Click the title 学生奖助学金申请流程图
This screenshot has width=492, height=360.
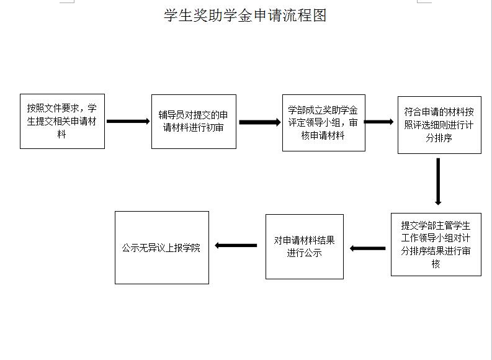(x=245, y=16)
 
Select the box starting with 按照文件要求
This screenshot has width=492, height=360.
(x=62, y=121)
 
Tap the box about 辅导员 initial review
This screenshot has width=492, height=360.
(x=194, y=122)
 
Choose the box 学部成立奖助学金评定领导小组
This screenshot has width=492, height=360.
(x=323, y=123)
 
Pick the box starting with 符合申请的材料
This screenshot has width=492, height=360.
(x=439, y=125)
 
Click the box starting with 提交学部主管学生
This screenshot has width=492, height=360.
(x=436, y=245)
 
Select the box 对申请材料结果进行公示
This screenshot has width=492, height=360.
(x=305, y=246)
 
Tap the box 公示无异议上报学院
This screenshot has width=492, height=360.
(x=161, y=248)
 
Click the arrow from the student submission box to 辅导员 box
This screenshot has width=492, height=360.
(x=128, y=121)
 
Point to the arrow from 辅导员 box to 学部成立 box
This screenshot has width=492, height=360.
(x=260, y=122)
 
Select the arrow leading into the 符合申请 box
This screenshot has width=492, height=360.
(x=378, y=122)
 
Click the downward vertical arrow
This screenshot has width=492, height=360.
(x=438, y=181)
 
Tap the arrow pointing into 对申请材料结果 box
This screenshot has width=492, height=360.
(x=367, y=248)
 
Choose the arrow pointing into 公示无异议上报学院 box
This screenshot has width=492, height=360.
(x=236, y=245)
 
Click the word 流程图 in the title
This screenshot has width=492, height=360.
(x=305, y=16)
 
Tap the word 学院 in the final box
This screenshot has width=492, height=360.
(x=192, y=248)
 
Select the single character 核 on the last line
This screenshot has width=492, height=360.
(x=436, y=264)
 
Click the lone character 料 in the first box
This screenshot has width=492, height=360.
(x=62, y=134)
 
